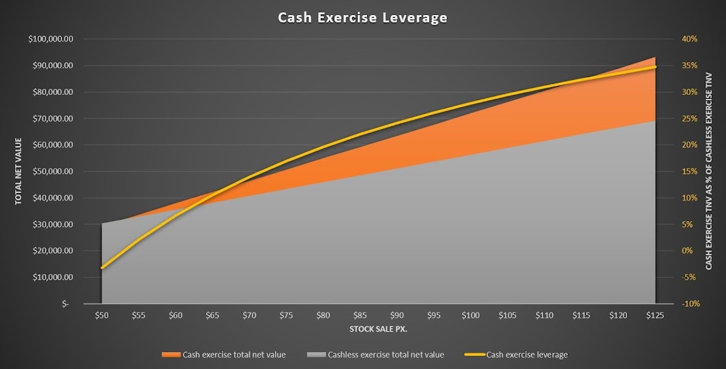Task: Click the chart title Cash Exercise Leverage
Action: (x=362, y=18)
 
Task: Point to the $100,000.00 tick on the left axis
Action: (x=50, y=39)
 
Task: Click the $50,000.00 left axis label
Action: (x=53, y=171)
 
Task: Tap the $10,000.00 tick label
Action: (x=53, y=278)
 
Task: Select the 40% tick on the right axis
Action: (x=690, y=39)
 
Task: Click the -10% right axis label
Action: (x=690, y=304)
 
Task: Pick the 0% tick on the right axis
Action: (x=688, y=251)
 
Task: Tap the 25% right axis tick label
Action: (x=690, y=119)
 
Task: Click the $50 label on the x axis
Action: (x=102, y=315)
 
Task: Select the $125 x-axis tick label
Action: (x=655, y=315)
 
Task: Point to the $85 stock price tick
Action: (x=360, y=315)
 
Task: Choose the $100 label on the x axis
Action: (x=471, y=315)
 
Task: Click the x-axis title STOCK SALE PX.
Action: (x=378, y=329)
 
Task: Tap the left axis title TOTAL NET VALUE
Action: (x=18, y=171)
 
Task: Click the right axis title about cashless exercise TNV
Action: (x=709, y=171)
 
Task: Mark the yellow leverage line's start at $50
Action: (x=102, y=268)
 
